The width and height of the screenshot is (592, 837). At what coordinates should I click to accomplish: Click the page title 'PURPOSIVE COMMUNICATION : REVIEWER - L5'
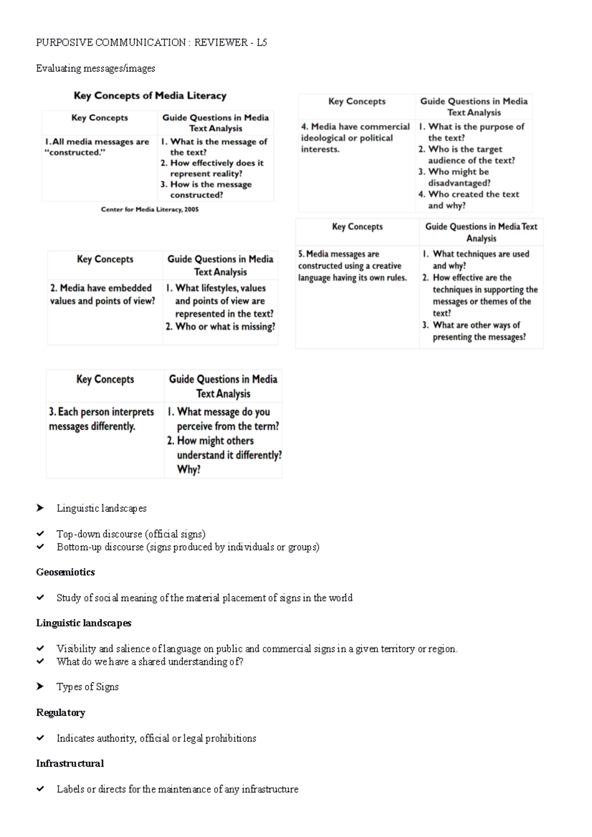point(151,42)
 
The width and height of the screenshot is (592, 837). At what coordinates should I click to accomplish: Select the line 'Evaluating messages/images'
point(95,68)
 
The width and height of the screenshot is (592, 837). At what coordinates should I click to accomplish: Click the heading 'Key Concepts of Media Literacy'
point(150,96)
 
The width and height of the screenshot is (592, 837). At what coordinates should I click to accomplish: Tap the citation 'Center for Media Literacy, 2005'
point(149,209)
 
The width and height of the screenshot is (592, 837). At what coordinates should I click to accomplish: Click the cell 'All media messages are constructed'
point(97,147)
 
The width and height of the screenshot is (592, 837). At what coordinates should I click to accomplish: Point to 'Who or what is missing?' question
point(221,327)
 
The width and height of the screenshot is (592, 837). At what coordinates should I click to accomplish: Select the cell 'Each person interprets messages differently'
point(101,419)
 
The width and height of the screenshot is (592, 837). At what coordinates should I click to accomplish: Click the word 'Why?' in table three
point(188,470)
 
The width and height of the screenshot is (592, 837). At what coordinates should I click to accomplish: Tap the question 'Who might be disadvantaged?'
point(459,177)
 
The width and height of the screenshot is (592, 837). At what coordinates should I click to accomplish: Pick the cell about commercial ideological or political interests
point(355,138)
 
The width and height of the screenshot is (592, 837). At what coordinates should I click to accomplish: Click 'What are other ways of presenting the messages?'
point(479,331)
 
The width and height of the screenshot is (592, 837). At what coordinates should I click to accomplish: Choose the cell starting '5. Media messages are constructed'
point(352,266)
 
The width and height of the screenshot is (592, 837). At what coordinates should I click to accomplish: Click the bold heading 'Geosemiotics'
point(65,572)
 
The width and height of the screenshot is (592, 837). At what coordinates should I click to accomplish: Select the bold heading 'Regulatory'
point(60,713)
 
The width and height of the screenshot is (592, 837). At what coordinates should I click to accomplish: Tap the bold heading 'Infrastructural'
point(70,764)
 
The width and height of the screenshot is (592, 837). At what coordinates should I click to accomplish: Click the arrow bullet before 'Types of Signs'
point(40,687)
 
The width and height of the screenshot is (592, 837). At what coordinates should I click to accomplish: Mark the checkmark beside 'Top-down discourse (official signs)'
point(40,534)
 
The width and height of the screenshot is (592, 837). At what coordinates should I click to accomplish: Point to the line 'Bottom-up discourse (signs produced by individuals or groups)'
point(187,546)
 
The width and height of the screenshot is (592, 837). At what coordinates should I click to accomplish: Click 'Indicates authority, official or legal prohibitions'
point(156,738)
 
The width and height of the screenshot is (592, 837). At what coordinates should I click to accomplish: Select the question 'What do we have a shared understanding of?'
point(149,661)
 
